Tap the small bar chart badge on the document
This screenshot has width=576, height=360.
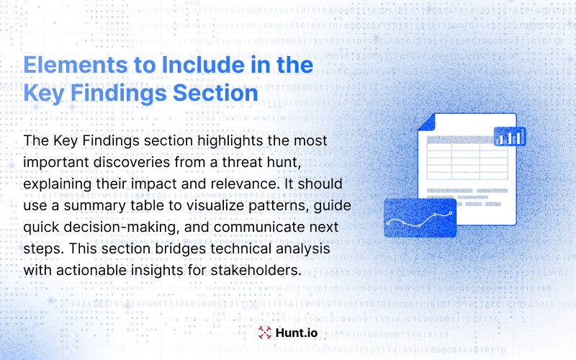coord(510,137)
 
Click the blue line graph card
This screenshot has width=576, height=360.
coord(420,217)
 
